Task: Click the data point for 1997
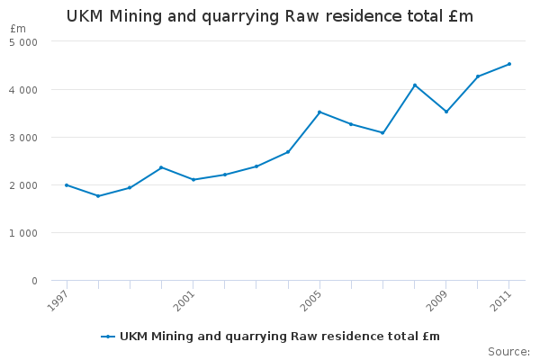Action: [67, 184]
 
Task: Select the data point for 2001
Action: [193, 180]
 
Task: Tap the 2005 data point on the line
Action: [319, 112]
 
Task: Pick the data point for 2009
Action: [446, 112]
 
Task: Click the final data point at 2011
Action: [509, 64]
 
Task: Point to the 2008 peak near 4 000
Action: [415, 85]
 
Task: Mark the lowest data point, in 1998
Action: [98, 196]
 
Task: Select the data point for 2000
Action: [161, 167]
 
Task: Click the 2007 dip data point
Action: [382, 133]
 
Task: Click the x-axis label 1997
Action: [58, 299]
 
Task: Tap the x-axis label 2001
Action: [184, 299]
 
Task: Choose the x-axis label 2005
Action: [310, 299]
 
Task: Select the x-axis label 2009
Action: [437, 299]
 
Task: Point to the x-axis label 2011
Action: [500, 299]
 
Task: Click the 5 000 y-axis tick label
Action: [23, 42]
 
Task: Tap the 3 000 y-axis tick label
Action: [23, 138]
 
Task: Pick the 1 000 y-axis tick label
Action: [23, 233]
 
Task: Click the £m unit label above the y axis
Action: [18, 30]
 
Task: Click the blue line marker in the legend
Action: [108, 337]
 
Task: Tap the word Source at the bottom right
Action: [508, 351]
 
